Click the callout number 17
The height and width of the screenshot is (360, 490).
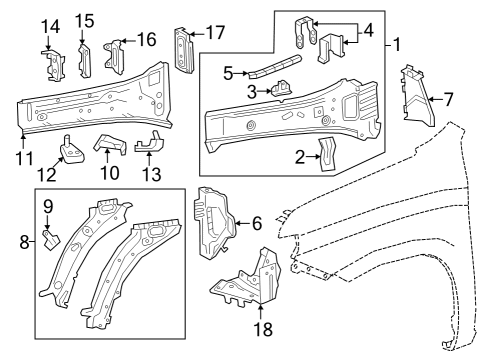coord(215,33)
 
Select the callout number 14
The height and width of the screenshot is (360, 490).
coord(50,23)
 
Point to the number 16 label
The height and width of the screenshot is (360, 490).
coord(146,39)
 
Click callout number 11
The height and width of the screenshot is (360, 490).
coord(23,158)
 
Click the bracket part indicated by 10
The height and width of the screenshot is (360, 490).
coord(107,146)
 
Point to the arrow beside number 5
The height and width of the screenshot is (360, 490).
coord(244,74)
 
